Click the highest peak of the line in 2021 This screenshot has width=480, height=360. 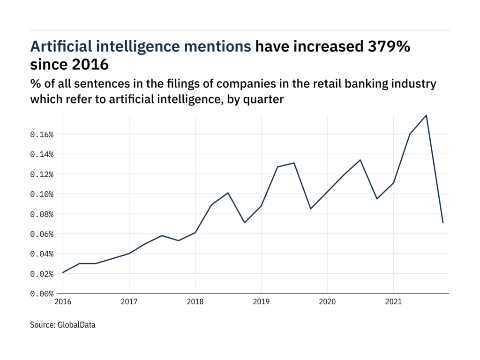coord(426,115)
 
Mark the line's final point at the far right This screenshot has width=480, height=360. coord(442,223)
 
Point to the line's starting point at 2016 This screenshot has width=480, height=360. coord(63,272)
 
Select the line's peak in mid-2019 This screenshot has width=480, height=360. coord(294,163)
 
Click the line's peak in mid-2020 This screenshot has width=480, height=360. coord(360,160)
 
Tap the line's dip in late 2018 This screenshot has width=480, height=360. coord(245,223)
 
